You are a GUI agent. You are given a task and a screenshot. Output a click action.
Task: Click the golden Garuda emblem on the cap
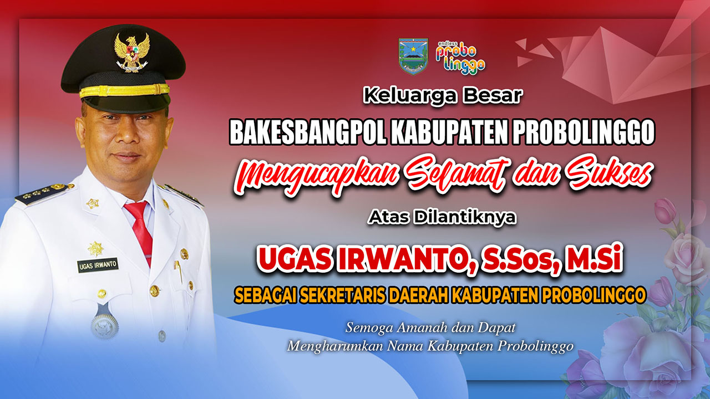[131, 53]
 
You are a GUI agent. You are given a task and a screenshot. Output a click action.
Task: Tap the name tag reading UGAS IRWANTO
[98, 265]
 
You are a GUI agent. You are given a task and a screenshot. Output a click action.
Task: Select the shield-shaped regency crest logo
[413, 57]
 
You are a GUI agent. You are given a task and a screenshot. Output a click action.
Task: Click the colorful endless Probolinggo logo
[460, 57]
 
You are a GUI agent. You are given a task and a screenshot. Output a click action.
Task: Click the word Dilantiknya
[465, 218]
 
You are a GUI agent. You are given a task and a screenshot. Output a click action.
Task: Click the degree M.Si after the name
[594, 261]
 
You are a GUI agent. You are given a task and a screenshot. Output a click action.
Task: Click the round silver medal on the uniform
[105, 325]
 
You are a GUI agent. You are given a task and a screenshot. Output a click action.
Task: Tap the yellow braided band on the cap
[124, 91]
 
